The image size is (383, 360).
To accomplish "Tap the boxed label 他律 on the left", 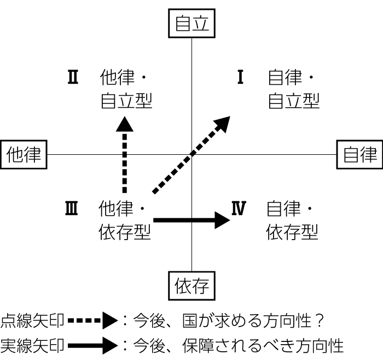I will click(24, 155).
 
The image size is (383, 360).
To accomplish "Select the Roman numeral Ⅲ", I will click(72, 208).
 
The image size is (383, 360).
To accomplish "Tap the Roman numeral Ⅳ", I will click(239, 208).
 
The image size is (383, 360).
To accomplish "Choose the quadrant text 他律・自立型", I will click(126, 89).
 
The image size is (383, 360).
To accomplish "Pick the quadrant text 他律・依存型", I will click(124, 220).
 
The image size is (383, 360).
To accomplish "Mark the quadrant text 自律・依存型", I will click(292, 220).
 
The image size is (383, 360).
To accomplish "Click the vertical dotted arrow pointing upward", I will click(125, 156).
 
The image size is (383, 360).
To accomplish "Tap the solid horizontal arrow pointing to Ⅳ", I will click(191, 220).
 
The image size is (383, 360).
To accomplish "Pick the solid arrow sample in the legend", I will click(93, 345).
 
